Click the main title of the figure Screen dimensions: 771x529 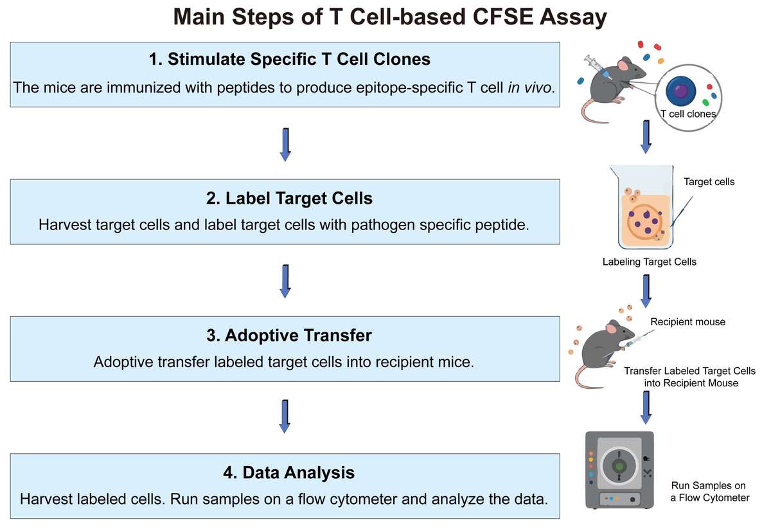point(390,17)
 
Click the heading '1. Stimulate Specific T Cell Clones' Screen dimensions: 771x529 point(289,59)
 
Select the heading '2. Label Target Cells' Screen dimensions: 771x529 point(289,198)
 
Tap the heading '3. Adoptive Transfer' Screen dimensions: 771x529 point(289,335)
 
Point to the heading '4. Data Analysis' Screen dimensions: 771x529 point(289,473)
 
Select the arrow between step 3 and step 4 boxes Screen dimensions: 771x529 point(286,417)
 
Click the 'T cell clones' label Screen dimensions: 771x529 point(688,114)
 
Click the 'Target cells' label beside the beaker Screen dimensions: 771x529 point(709,182)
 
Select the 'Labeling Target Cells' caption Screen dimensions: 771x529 point(649,262)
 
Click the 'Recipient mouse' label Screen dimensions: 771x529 point(687,321)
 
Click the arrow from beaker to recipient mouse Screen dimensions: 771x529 point(646,291)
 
